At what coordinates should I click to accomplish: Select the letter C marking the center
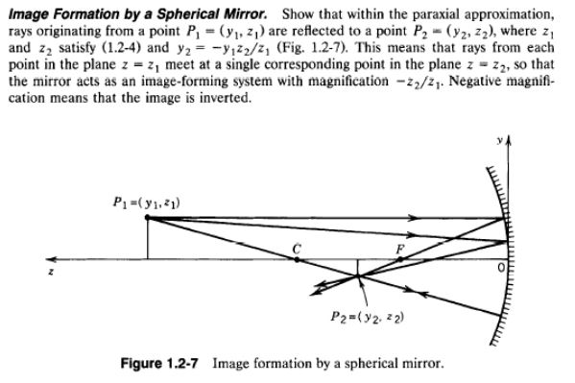[x=298, y=249]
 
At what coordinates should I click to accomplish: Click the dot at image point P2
[x=357, y=278]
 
